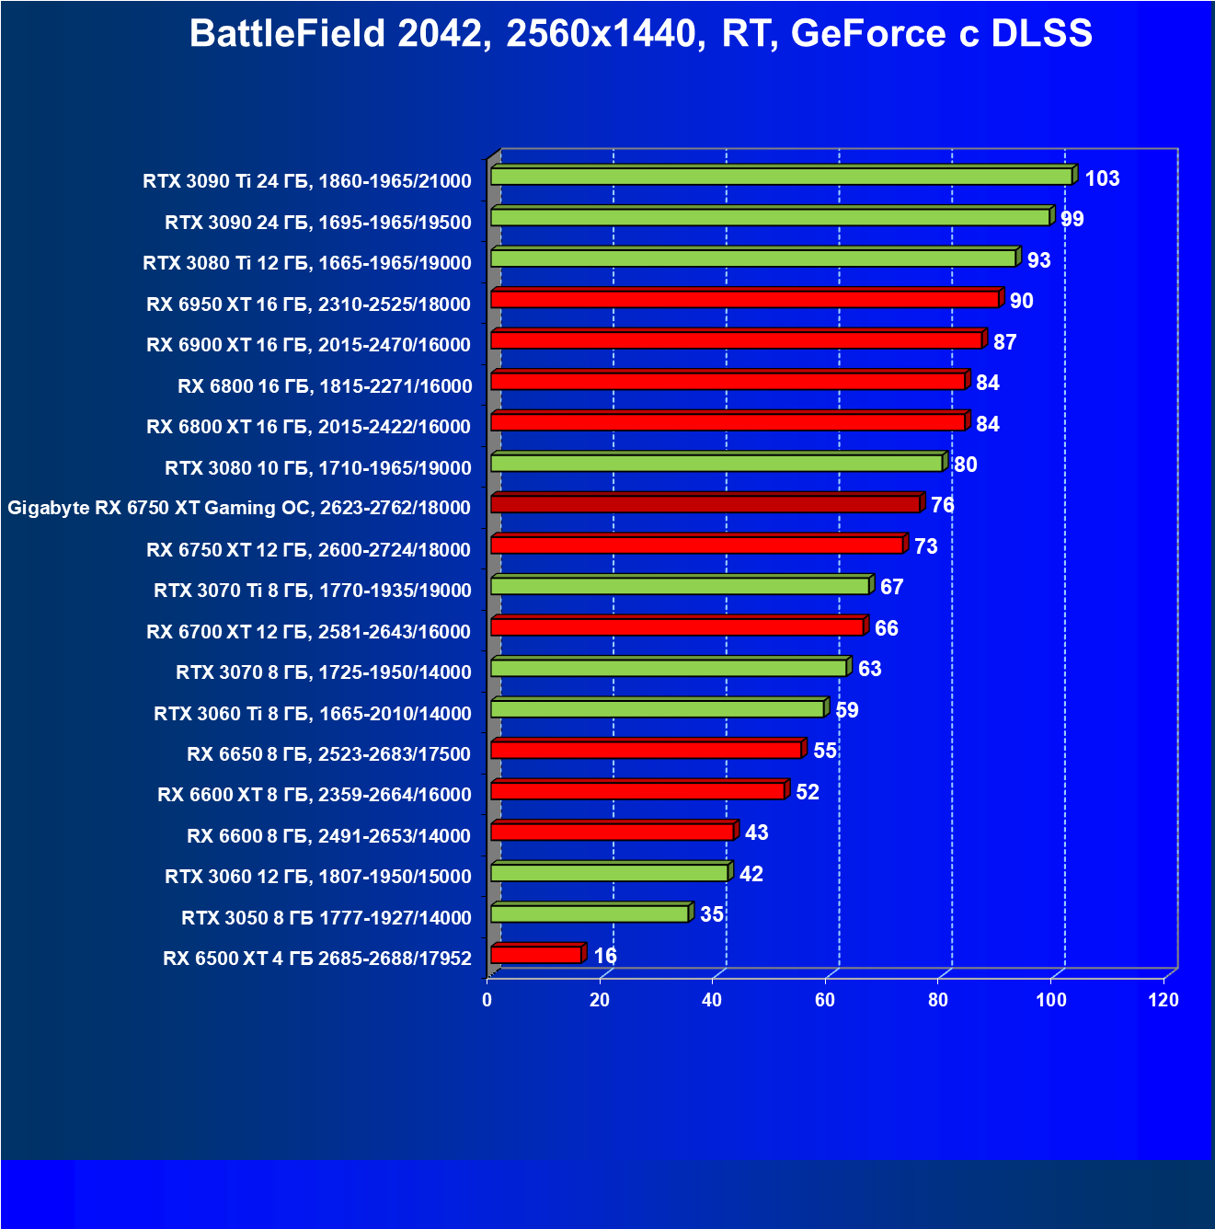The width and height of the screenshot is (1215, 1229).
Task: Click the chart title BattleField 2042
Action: point(641,34)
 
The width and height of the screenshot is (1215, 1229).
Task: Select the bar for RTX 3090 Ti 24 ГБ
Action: point(782,177)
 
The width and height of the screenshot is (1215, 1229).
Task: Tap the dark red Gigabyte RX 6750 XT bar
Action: point(705,504)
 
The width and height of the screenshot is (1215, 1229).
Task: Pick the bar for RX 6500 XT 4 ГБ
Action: point(536,955)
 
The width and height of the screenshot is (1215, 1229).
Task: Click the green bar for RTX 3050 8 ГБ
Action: point(590,913)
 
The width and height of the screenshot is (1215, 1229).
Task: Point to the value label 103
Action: point(1102,178)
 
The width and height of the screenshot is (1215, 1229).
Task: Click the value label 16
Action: point(605,956)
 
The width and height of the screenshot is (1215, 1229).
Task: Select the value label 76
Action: point(942,505)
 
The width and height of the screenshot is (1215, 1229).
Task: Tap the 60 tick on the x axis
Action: point(825,1000)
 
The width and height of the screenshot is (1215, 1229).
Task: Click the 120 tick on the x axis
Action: point(1163,1000)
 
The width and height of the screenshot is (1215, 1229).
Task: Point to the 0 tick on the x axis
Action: point(487,1000)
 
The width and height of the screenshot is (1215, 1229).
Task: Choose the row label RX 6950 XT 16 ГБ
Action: point(308,304)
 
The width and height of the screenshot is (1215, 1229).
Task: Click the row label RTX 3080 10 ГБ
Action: point(317,468)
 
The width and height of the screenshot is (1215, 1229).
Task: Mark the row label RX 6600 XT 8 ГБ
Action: point(314,795)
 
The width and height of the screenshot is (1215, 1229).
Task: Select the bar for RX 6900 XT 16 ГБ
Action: point(737,340)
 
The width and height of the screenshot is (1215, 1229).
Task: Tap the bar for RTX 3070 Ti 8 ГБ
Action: point(681,586)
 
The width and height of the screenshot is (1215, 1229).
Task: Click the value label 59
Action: point(846,710)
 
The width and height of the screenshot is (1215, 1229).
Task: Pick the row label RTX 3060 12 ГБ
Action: point(317,877)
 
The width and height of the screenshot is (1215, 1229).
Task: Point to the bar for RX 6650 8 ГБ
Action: point(647,750)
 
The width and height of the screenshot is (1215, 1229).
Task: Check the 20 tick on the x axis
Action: point(600,1000)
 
